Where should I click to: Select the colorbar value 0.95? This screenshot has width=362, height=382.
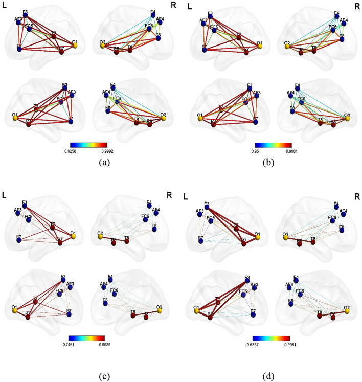coord(260,152)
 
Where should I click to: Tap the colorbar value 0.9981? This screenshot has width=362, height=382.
coord(285,152)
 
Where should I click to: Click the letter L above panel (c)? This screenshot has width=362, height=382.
coord(5,197)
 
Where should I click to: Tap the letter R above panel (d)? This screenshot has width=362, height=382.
coord(356,196)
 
